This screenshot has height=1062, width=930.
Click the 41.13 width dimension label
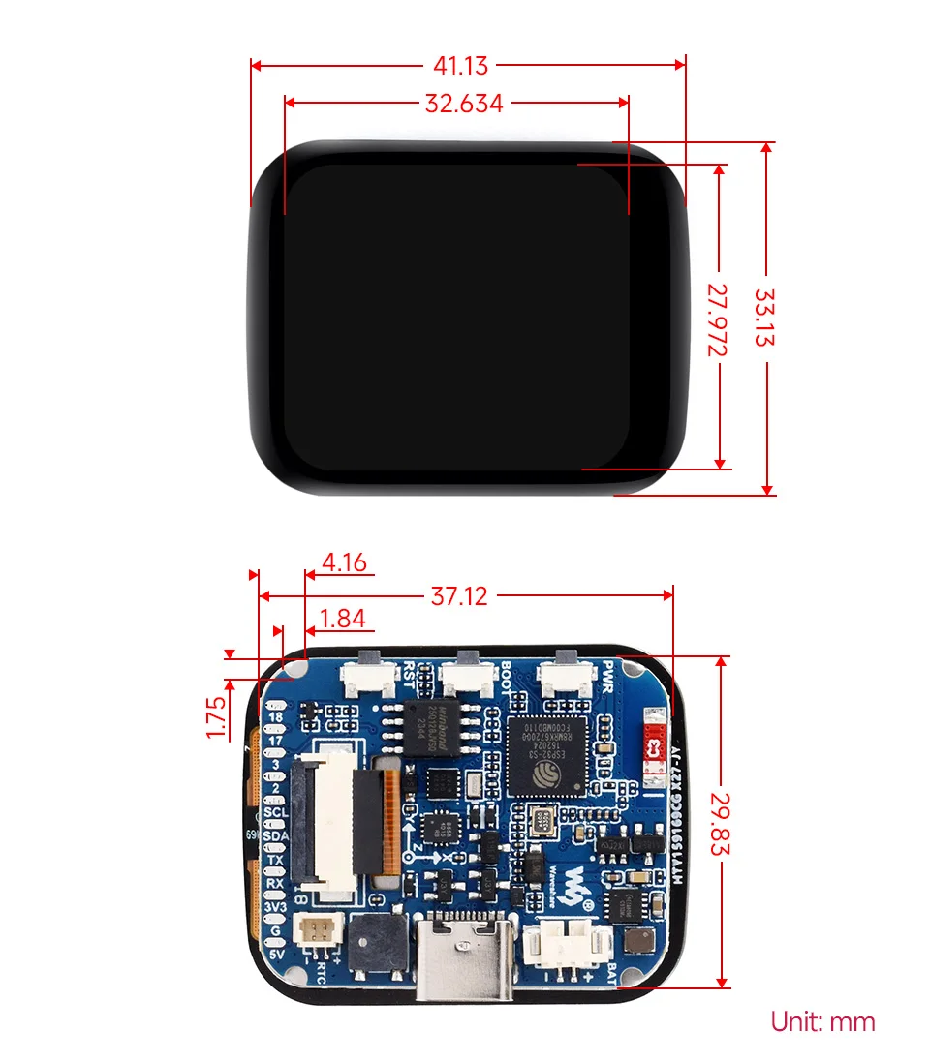[461, 66]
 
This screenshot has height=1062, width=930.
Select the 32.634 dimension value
[464, 103]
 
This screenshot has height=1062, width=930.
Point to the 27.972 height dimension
[717, 319]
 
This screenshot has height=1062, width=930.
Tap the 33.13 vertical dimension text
[765, 318]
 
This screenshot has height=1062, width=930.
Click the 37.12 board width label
[459, 595]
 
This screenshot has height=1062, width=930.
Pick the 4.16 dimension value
[345, 561]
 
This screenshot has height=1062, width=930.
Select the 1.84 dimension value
[342, 618]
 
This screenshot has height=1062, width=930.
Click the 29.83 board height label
[719, 821]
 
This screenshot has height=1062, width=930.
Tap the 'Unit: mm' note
[822, 1021]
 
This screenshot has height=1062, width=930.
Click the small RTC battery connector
[315, 931]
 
